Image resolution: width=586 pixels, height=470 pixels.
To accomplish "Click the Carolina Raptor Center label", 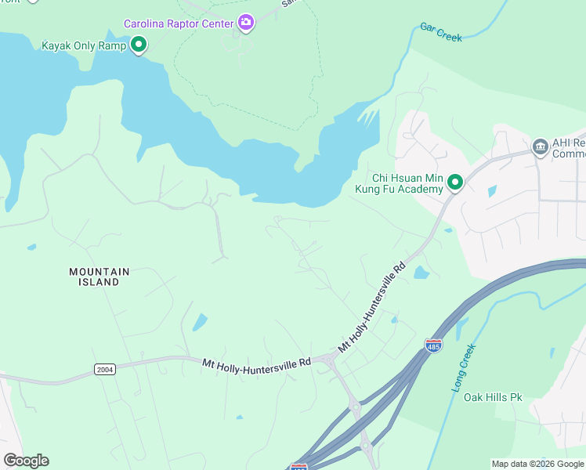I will [x=179, y=23].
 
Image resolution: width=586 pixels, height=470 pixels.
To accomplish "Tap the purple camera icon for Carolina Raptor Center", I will [x=246, y=23].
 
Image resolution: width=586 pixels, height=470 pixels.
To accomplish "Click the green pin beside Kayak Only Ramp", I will [x=139, y=45].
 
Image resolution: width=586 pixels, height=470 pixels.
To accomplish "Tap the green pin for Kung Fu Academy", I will [x=455, y=183].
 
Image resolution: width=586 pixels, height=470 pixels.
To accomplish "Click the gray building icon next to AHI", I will [x=540, y=147].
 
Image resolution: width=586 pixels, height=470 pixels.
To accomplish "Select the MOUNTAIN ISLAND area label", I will [x=99, y=277].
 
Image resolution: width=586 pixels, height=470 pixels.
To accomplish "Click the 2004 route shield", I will [x=104, y=369].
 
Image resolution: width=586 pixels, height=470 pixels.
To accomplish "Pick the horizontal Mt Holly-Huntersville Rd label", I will [x=256, y=363].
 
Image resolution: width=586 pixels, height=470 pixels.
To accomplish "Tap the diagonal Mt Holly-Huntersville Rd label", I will [x=372, y=306].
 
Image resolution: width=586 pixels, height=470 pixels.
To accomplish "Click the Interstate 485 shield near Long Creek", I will [x=434, y=345].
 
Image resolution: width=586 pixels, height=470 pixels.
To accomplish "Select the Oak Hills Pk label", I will [x=492, y=398].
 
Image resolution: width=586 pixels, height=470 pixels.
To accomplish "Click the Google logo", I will [x=26, y=460].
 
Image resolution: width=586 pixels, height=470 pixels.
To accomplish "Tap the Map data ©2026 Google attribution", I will [x=537, y=464].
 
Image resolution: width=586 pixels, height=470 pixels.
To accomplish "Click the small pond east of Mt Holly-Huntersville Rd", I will [x=421, y=273].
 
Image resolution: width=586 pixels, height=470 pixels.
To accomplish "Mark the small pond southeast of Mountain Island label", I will [x=200, y=322].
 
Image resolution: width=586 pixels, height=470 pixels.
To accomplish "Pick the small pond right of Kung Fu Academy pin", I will [x=491, y=190].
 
